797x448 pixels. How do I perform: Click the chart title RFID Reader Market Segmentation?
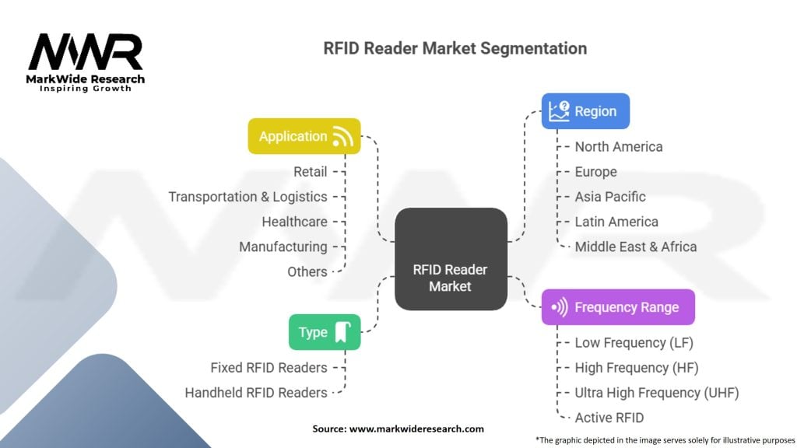[x=455, y=48]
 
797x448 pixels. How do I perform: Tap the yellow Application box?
[x=304, y=136]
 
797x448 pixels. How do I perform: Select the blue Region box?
[x=585, y=111]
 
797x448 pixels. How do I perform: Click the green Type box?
[x=325, y=332]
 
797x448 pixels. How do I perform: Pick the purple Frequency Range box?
[x=617, y=307]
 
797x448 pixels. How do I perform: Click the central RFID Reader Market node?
[x=451, y=278]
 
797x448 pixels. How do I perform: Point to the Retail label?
[x=310, y=172]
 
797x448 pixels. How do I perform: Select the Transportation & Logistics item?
[x=248, y=197]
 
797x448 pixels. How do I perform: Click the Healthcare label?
[x=294, y=222]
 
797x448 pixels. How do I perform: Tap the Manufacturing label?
[x=283, y=247]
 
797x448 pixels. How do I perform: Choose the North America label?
[x=619, y=147]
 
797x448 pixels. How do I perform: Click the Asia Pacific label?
[x=610, y=197]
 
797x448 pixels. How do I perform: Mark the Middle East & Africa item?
[x=635, y=247]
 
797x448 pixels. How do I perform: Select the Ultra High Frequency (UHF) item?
[x=656, y=393]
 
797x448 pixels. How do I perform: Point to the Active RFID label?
[x=609, y=418]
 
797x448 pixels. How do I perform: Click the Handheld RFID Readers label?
[x=255, y=393]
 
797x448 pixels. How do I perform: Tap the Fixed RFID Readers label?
[x=269, y=368]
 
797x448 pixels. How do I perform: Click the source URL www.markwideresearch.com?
[x=417, y=429]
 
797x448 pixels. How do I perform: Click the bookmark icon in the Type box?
[x=342, y=333]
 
